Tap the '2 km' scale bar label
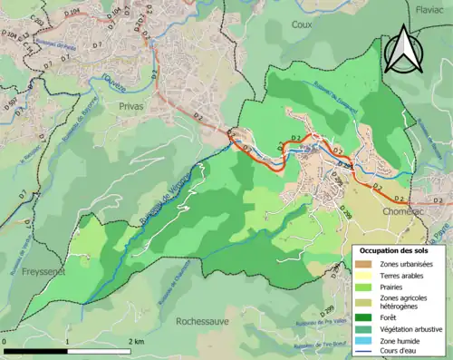tap(136, 340)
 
